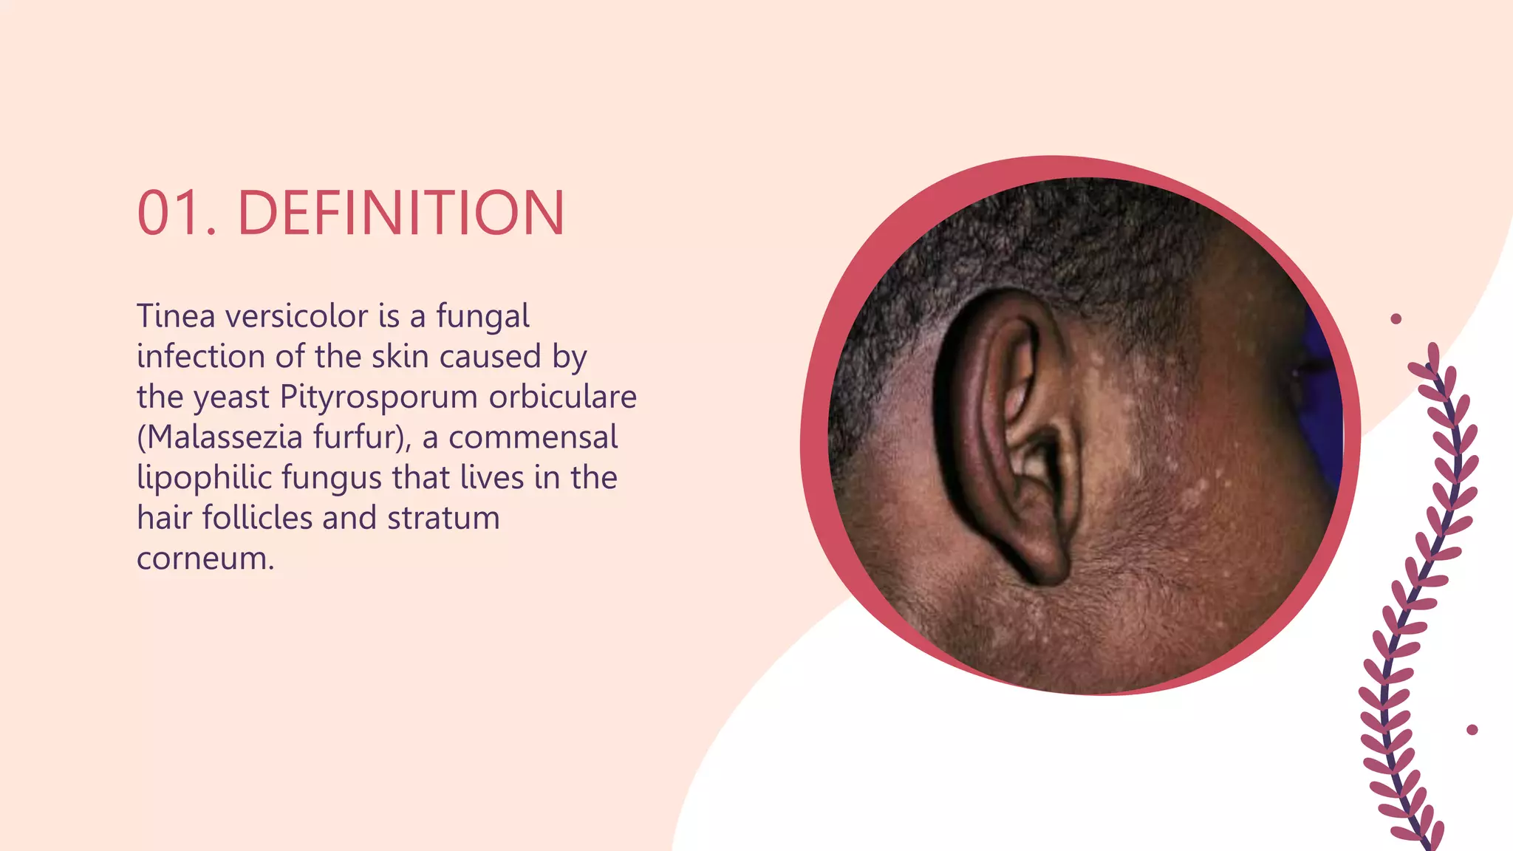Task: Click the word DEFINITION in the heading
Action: pos(400,213)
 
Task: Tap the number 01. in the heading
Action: pos(177,213)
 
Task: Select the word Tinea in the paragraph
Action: pos(176,316)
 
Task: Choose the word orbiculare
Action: pos(562,397)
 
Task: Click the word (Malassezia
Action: pos(219,437)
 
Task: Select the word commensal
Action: pos(533,437)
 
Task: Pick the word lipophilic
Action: pos(205,478)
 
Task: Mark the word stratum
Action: pos(443,518)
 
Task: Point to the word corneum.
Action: pos(205,558)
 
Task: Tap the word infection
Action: pos(201,357)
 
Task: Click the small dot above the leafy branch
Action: pos(1396,319)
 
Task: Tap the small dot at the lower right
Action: pos(1472,730)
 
